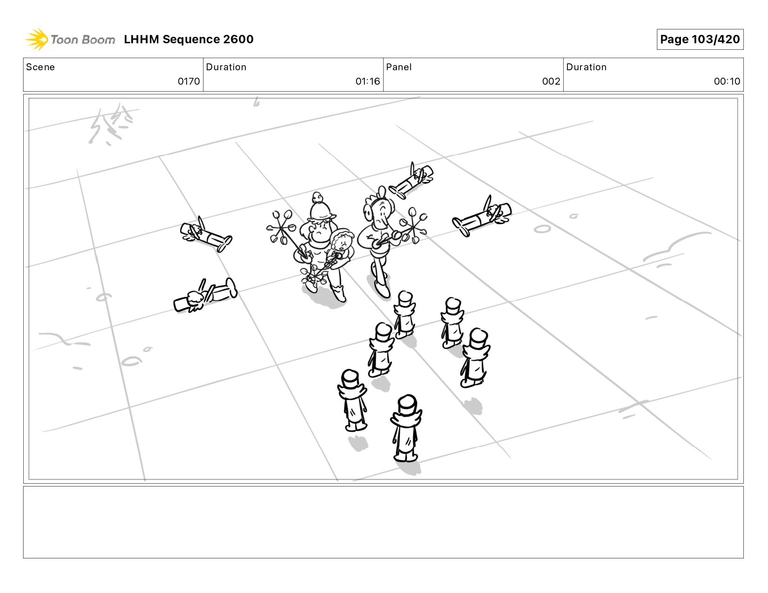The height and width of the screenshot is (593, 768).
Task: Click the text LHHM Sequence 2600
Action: click(x=189, y=39)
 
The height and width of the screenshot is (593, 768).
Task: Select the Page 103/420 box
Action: click(x=700, y=39)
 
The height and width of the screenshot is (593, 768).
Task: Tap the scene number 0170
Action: click(x=189, y=81)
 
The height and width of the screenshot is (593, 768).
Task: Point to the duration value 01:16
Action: click(x=368, y=81)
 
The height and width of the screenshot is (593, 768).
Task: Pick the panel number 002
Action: click(x=551, y=81)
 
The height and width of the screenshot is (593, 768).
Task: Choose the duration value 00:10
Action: click(x=727, y=81)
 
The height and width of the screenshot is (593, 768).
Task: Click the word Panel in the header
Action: click(x=399, y=67)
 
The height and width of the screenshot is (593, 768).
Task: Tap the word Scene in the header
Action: click(x=40, y=67)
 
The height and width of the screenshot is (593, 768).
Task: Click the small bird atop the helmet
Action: click(x=317, y=197)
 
